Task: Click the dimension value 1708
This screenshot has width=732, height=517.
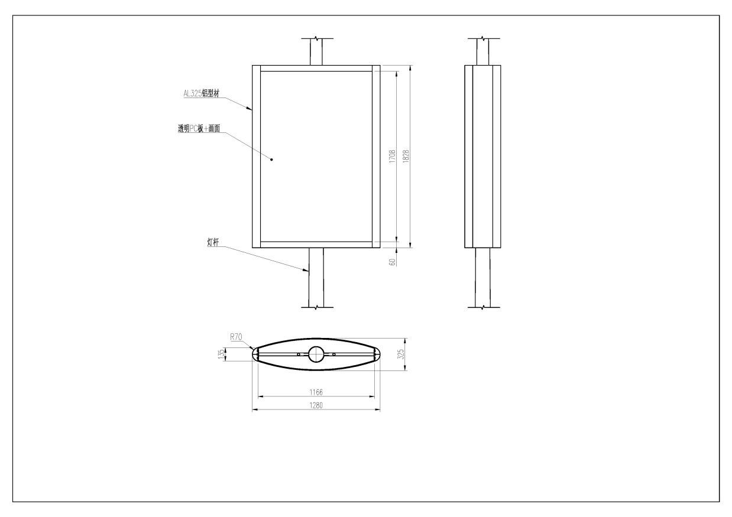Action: point(393,157)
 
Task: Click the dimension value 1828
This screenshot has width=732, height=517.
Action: point(406,157)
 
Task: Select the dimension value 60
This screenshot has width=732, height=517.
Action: point(393,262)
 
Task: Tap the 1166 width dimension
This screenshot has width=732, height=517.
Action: point(316,392)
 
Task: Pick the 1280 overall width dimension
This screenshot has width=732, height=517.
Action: point(316,405)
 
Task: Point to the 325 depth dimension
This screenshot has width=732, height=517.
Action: point(401,355)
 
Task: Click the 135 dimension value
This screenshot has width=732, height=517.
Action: point(221,355)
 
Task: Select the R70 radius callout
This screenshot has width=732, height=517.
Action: point(236,337)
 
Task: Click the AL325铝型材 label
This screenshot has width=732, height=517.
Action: point(201,93)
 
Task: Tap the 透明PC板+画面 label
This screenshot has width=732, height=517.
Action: point(199,129)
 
